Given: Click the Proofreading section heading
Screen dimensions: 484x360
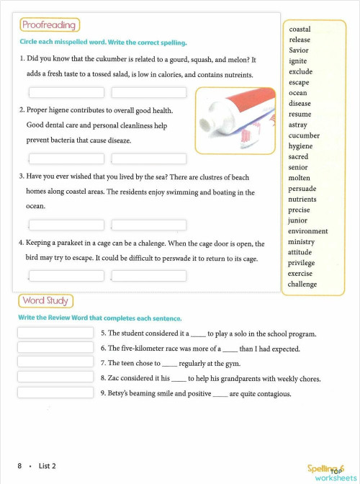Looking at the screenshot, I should coord(49,25).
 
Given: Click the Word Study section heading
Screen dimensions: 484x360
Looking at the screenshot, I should coord(45,300).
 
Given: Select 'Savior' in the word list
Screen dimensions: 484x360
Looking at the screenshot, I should coord(299,50).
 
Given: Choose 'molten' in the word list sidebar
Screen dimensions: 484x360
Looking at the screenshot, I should coord(300,178).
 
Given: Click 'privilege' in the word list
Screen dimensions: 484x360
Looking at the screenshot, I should coord(301,263).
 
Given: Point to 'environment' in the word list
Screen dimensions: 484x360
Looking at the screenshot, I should coord(307,231).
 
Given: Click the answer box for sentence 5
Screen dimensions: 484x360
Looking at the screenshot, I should coord(55,333).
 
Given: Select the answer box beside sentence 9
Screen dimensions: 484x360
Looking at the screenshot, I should coord(55,393).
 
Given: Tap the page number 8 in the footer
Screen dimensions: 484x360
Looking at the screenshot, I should coord(19,466).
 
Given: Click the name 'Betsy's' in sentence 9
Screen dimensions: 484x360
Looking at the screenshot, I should coord(123,394).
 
